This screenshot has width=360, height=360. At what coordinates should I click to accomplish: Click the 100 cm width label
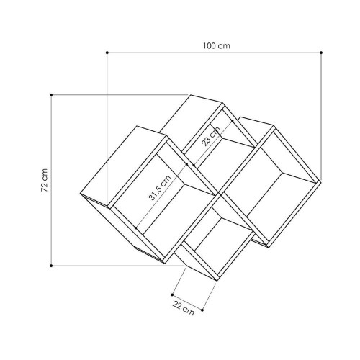(x=216, y=45)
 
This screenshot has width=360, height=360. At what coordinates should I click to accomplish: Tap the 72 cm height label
(x=44, y=181)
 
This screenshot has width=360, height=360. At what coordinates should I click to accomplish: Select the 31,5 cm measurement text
(x=159, y=189)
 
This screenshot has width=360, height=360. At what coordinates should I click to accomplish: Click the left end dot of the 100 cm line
(x=107, y=53)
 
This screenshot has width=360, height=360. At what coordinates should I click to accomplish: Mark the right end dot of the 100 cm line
(x=321, y=53)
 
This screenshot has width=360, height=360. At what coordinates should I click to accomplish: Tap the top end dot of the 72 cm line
(x=52, y=94)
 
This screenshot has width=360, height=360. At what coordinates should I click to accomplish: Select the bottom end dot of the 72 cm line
(x=52, y=265)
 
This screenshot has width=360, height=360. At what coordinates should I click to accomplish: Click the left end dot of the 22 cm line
(x=172, y=293)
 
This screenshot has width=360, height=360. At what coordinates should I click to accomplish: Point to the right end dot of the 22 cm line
(x=204, y=310)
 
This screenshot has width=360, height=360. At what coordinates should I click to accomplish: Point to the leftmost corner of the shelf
(x=78, y=194)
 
